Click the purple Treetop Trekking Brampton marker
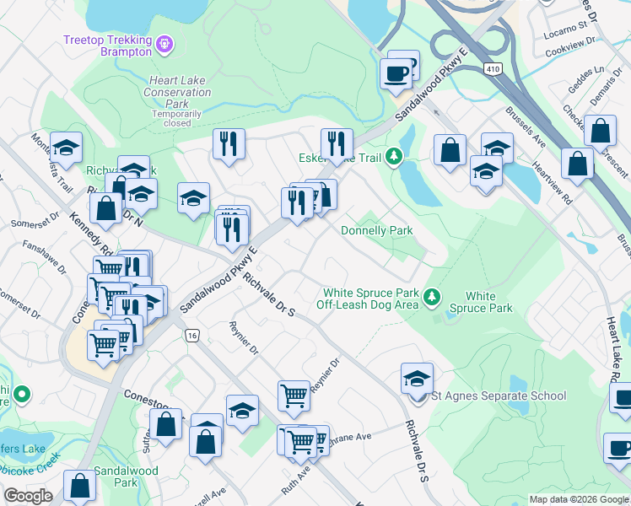[x=164, y=41]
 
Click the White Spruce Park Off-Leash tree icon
[x=432, y=296]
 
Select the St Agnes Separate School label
[x=498, y=396]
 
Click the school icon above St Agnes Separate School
[x=417, y=378]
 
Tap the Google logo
[x=28, y=496]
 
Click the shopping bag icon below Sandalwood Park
[x=79, y=486]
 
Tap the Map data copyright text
[x=578, y=499]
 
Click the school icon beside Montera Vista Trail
[x=66, y=148]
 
